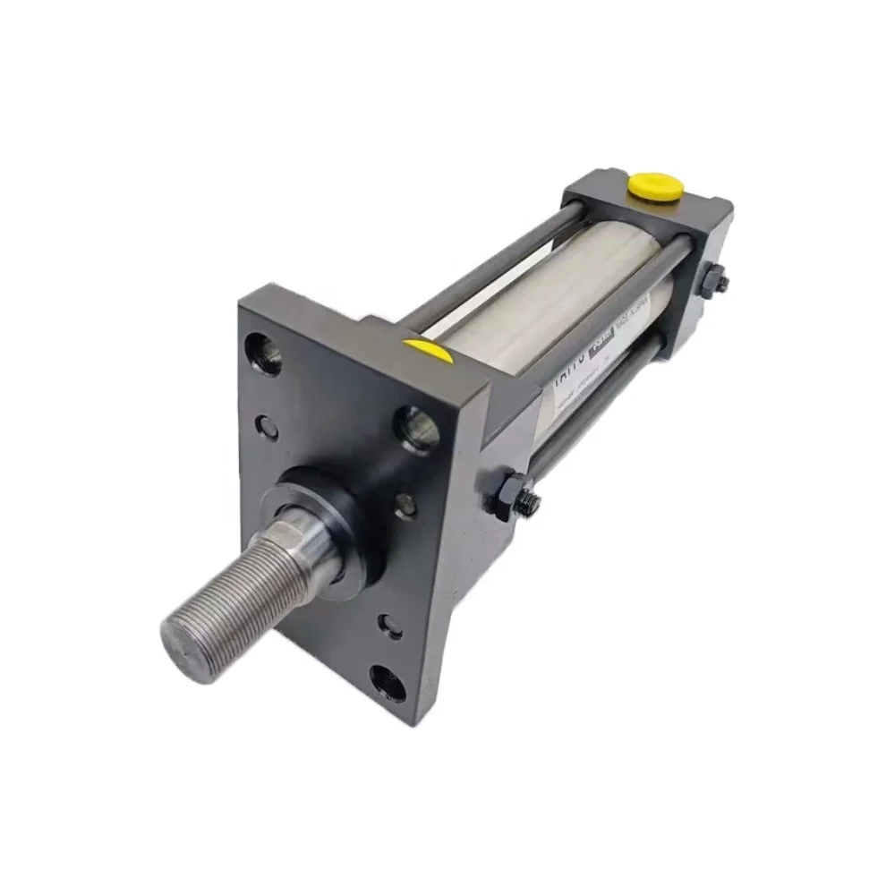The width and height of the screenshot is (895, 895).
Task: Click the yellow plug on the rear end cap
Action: coord(656,186)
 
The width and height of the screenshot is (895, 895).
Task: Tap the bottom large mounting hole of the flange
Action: coord(388,682)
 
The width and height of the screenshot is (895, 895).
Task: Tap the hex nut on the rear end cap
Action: coord(714,282)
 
